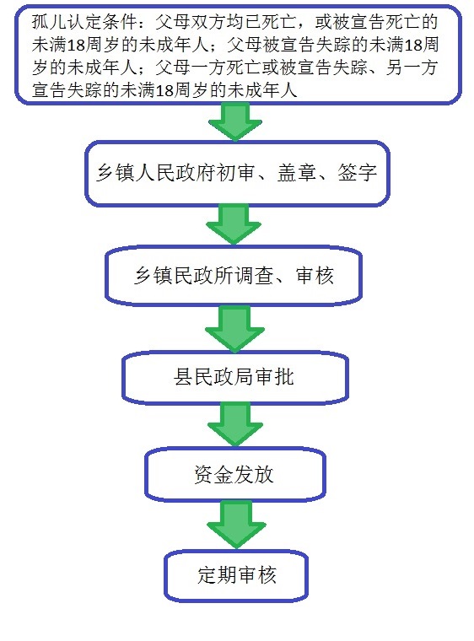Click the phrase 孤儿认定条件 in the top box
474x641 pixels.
click(84, 22)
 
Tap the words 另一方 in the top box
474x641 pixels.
click(412, 67)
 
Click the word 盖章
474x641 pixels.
click(297, 173)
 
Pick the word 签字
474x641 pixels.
click(357, 173)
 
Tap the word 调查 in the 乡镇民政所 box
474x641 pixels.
click(254, 276)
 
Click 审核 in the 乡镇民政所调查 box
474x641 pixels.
click(315, 276)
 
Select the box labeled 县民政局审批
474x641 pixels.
click(235, 378)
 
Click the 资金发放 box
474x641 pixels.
click(235, 475)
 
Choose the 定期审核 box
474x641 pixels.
click(236, 575)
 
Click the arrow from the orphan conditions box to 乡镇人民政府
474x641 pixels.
click(235, 121)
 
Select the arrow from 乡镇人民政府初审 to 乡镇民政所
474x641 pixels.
click(234, 224)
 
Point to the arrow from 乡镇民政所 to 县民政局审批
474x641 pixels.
click(234, 328)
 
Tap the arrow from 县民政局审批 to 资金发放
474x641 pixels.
click(235, 424)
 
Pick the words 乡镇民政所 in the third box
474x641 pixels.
click(184, 276)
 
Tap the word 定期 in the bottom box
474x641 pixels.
click(217, 575)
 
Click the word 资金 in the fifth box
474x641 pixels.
click(213, 475)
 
